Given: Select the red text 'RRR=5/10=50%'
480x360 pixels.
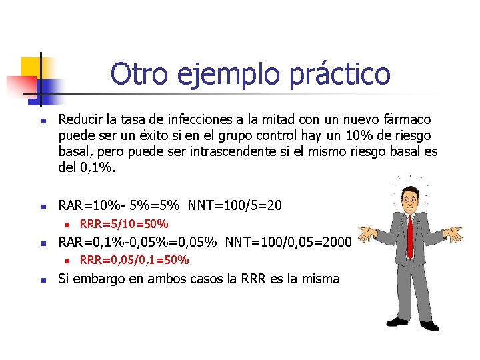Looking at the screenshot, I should tap(124, 223).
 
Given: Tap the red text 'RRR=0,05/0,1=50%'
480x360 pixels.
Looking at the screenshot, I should tap(134, 259).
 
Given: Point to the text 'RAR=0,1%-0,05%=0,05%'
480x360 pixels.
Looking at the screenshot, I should tap(139, 241).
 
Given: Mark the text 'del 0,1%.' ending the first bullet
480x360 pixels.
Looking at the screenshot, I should tap(87, 168).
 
